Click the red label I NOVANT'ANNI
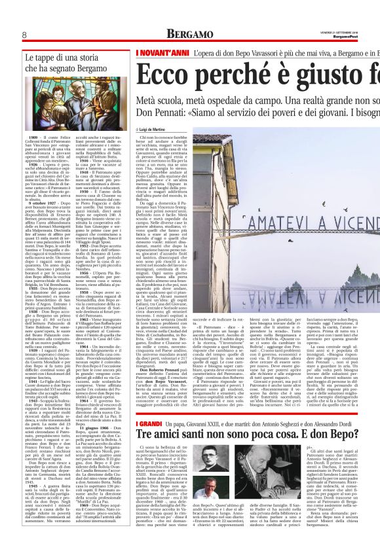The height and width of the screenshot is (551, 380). click(x=157, y=52)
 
